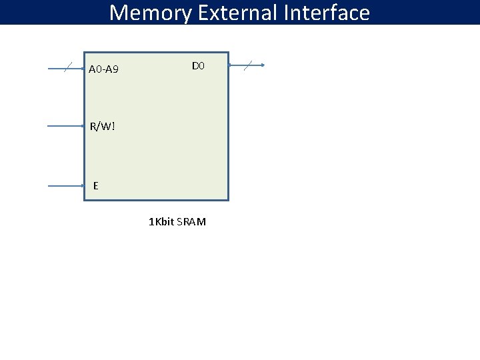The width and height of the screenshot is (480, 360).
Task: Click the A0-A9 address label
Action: pyautogui.click(x=103, y=69)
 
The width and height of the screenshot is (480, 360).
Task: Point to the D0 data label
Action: pyautogui.click(x=198, y=66)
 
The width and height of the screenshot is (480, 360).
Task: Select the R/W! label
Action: pyautogui.click(x=103, y=126)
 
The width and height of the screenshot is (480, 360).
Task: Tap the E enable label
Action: pyautogui.click(x=96, y=186)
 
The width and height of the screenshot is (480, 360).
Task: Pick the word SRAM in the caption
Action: pyautogui.click(x=193, y=221)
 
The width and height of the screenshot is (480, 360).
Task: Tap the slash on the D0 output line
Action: pyautogui.click(x=248, y=65)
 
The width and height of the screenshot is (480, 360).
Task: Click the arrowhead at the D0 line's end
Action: pyautogui.click(x=263, y=65)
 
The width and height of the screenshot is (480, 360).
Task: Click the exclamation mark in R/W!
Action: pyautogui.click(x=113, y=126)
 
